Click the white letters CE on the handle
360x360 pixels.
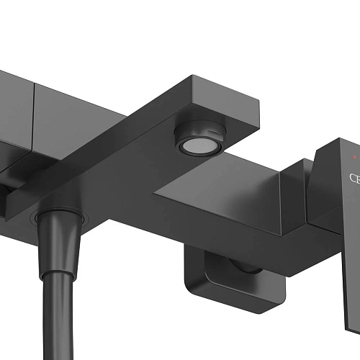[x=354, y=178]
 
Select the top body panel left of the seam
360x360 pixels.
[x=14, y=86]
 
